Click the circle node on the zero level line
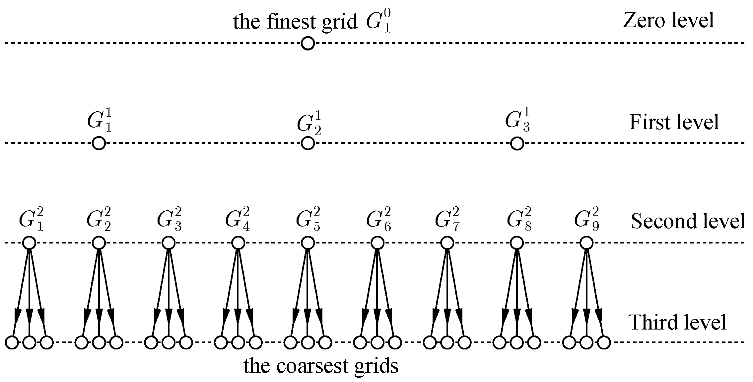pyautogui.click(x=308, y=44)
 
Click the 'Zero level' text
pyautogui.click(x=668, y=21)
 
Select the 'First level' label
pyautogui.click(x=674, y=122)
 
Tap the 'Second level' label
pyautogui.click(x=688, y=221)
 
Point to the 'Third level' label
pyautogui.click(x=677, y=322)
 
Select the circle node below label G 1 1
pyautogui.click(x=99, y=143)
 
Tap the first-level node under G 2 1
pyautogui.click(x=308, y=143)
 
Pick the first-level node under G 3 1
pyautogui.click(x=517, y=143)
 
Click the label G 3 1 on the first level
pyautogui.click(x=517, y=121)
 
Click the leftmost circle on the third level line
pyautogui.click(x=12, y=342)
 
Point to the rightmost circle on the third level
pyautogui.click(x=604, y=342)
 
